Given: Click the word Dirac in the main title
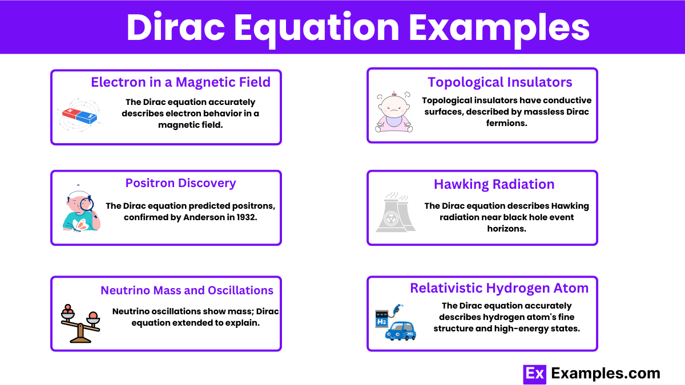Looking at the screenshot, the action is click(x=176, y=27).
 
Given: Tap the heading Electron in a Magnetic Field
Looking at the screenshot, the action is click(x=181, y=82).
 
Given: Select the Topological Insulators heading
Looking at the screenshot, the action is click(x=499, y=83).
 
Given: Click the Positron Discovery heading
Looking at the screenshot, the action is click(x=181, y=183).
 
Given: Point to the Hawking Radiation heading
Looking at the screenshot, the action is click(x=494, y=184).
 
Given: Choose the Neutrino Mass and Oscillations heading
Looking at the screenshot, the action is click(x=187, y=290).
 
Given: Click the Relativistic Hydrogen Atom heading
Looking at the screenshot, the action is click(x=499, y=288).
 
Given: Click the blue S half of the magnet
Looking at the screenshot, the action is click(x=87, y=117).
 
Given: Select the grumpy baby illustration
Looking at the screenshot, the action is click(x=394, y=112).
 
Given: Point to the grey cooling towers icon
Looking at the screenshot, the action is click(x=396, y=212).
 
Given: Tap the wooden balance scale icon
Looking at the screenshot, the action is click(x=80, y=323).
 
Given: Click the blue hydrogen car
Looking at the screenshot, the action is click(x=401, y=331).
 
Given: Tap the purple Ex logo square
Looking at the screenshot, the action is click(x=534, y=374).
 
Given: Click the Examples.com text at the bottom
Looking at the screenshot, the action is click(x=606, y=374).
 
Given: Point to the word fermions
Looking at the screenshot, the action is click(x=506, y=123).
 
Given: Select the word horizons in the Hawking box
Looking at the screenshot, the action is click(x=506, y=229).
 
